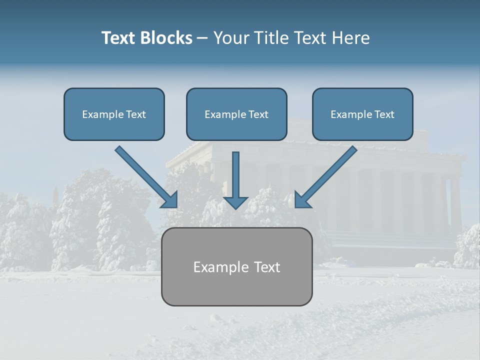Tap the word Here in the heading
(x=349, y=38)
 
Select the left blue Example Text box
(x=114, y=114)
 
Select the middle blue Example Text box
(x=236, y=114)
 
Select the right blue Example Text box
(x=362, y=114)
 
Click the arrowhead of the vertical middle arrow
(x=235, y=202)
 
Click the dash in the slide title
(x=202, y=38)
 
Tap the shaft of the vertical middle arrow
(x=235, y=172)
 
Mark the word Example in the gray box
(x=218, y=267)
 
